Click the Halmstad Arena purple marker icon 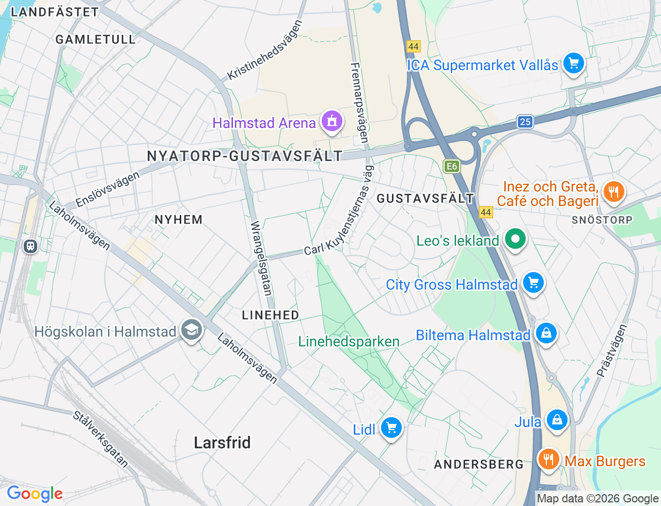pos(332,121)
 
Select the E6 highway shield pos(452,166)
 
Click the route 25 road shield pos(525,122)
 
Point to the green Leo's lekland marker pos(515,239)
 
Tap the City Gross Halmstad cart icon pos(533,283)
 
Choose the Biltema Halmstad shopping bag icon pos(546,333)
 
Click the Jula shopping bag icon pos(557,420)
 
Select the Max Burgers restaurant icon pos(548,459)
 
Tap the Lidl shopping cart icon pos(391,428)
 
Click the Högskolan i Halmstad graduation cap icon pos(192,330)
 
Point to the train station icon pos(30,246)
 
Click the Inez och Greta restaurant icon pos(613,193)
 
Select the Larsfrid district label pos(222,442)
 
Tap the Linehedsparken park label pos(349,341)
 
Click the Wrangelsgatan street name pos(261,258)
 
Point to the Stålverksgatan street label pos(101,439)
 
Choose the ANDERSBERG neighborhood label pos(479,464)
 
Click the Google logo pos(35,494)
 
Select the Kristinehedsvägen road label pos(265,50)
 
